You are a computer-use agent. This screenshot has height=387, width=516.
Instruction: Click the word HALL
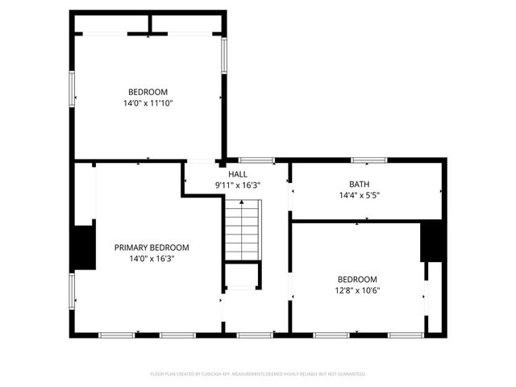238,174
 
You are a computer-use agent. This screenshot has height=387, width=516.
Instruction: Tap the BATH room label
360,184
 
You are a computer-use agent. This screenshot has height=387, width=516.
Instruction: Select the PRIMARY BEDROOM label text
151,248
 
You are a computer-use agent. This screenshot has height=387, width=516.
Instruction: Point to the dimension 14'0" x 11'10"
148,103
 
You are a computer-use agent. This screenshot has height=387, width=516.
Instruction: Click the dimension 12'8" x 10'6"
357,291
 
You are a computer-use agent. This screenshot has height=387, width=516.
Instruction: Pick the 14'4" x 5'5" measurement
360,195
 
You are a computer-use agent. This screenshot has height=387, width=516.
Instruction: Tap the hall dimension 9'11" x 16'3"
238,185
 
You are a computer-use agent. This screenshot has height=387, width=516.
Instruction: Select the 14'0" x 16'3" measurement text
151,259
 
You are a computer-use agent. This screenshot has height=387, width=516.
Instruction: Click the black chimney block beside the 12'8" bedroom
432,240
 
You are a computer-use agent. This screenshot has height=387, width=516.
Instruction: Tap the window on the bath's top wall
368,160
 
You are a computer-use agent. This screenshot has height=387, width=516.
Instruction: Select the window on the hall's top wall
256,160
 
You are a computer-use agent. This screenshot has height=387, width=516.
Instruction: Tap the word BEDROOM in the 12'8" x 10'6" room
357,280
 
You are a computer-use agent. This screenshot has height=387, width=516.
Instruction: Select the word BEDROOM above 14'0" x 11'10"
148,92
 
